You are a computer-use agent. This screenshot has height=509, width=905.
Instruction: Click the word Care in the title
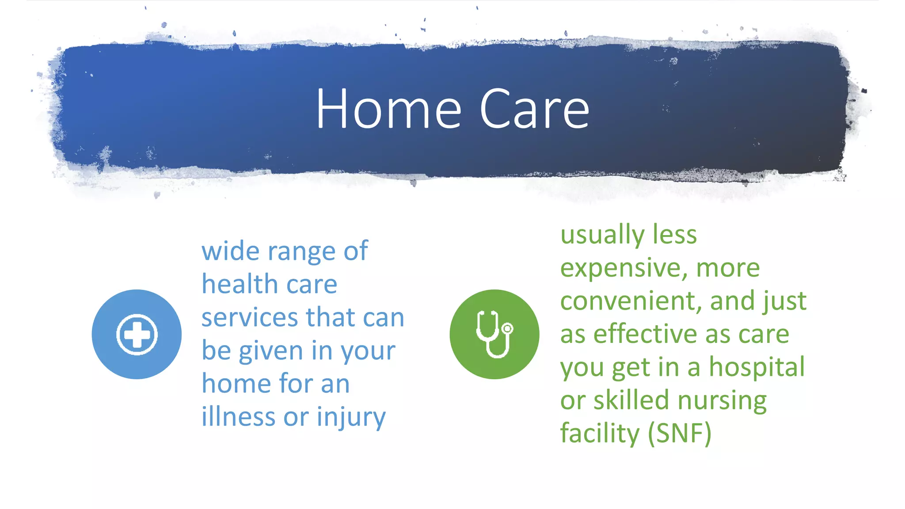click(534, 109)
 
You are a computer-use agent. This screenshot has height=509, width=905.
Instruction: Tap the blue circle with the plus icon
click(137, 334)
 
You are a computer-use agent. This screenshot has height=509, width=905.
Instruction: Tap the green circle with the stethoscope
click(494, 334)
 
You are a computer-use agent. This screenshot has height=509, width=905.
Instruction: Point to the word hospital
click(757, 368)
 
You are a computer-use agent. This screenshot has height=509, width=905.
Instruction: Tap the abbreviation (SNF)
click(679, 433)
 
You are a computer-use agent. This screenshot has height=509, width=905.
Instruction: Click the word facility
click(600, 433)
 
